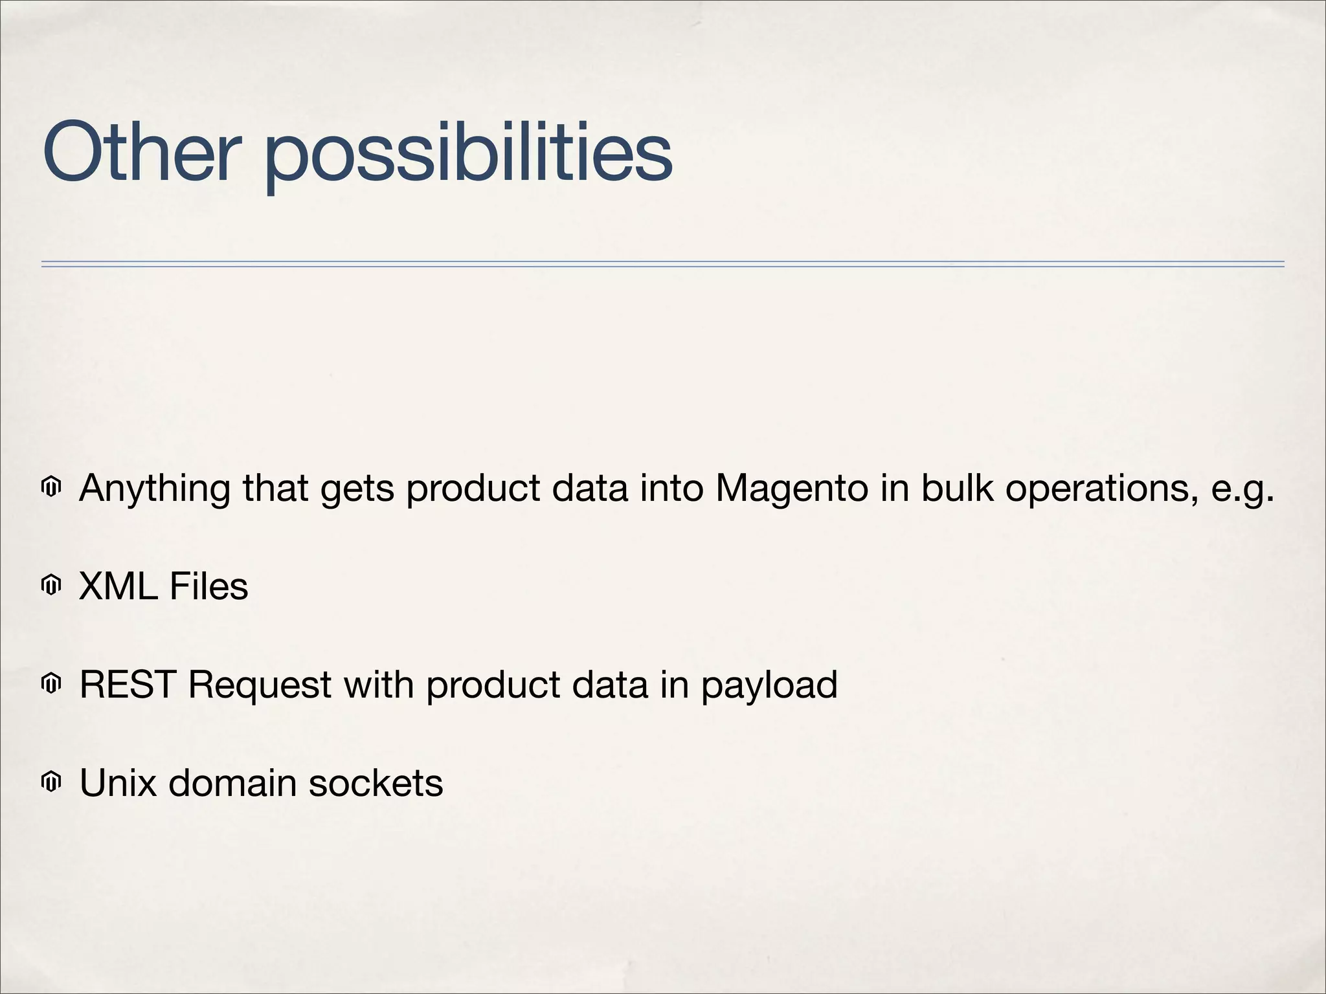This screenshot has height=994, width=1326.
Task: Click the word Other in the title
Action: (137, 152)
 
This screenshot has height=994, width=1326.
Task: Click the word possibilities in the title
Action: (468, 155)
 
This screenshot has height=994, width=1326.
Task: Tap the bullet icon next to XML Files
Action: (51, 586)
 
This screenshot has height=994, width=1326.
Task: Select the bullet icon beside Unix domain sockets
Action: (51, 782)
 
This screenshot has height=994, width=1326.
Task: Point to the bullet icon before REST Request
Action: (51, 684)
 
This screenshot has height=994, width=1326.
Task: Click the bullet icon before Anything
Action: (51, 487)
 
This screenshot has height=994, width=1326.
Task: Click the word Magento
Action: (791, 489)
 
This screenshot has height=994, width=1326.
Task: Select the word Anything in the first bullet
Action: (154, 489)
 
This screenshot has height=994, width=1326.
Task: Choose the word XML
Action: (118, 586)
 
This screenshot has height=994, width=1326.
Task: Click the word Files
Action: (208, 586)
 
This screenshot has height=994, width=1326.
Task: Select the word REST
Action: (128, 685)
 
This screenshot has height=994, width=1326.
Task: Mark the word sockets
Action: (376, 783)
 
